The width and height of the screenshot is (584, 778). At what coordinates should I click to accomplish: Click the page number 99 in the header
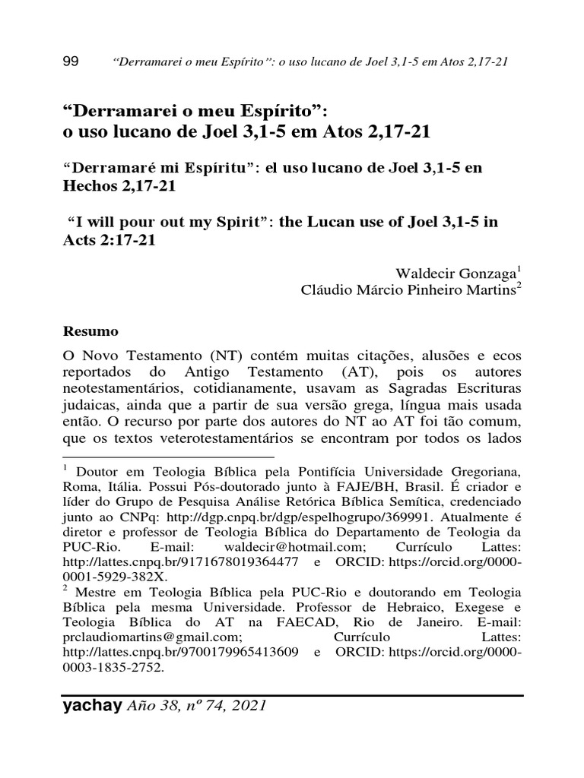69,62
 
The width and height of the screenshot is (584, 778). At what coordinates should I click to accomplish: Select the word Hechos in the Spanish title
87,186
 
